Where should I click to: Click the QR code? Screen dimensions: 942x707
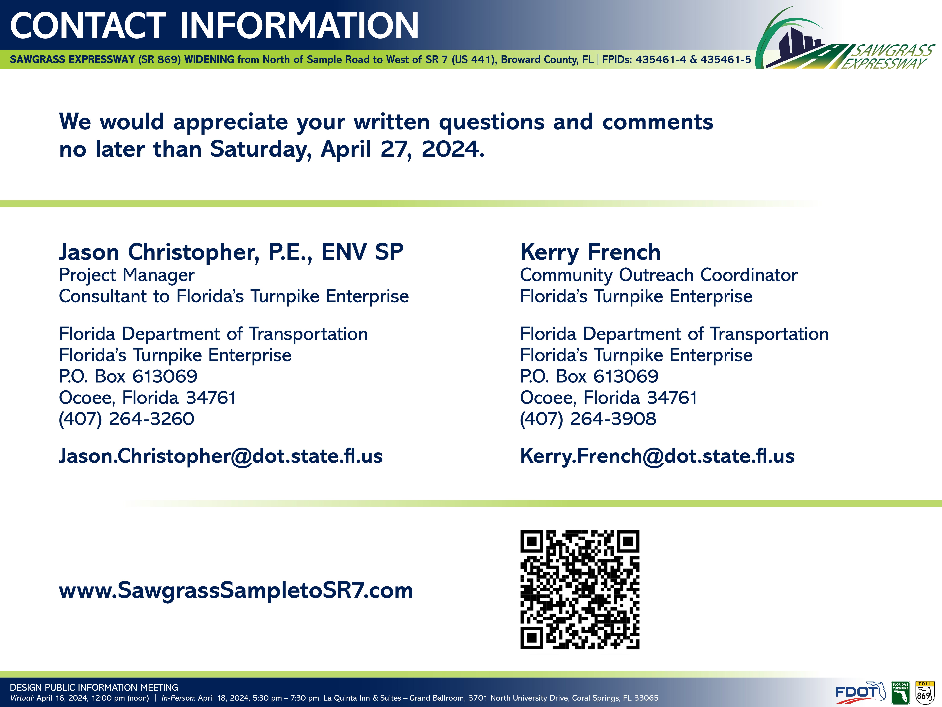click(580, 589)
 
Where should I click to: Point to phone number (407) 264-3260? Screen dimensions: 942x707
click(126, 419)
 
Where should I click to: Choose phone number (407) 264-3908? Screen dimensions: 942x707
click(588, 419)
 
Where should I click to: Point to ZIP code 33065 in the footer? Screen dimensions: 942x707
click(646, 698)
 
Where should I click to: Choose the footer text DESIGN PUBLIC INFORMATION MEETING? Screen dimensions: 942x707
click(94, 687)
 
